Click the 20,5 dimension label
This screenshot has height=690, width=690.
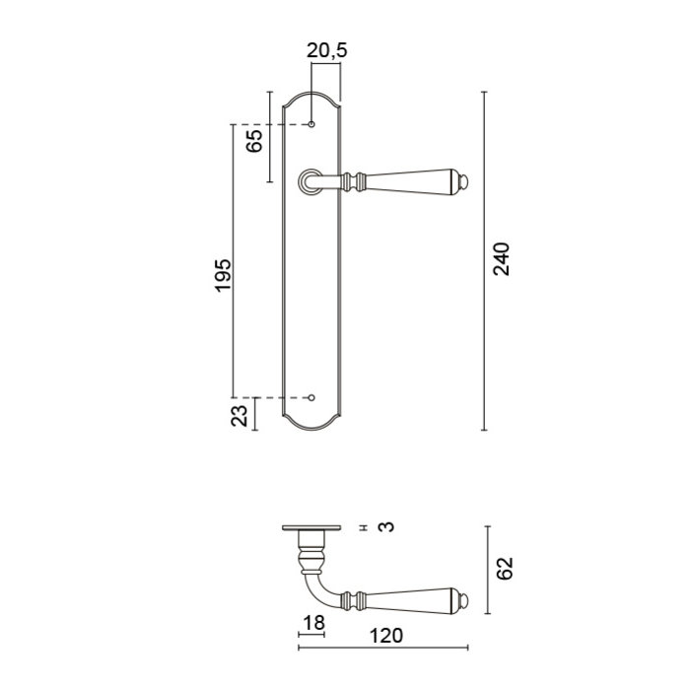[x=326, y=51]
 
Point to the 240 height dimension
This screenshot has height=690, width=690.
[x=503, y=258]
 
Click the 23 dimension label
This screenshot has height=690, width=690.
[x=240, y=415]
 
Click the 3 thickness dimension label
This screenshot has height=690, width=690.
[x=387, y=526]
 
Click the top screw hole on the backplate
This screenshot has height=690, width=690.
[x=311, y=125]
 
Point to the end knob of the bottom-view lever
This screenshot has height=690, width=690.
[x=465, y=600]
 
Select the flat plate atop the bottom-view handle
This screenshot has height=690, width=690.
[x=311, y=526]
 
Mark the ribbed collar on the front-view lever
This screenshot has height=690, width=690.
[x=359, y=181]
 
